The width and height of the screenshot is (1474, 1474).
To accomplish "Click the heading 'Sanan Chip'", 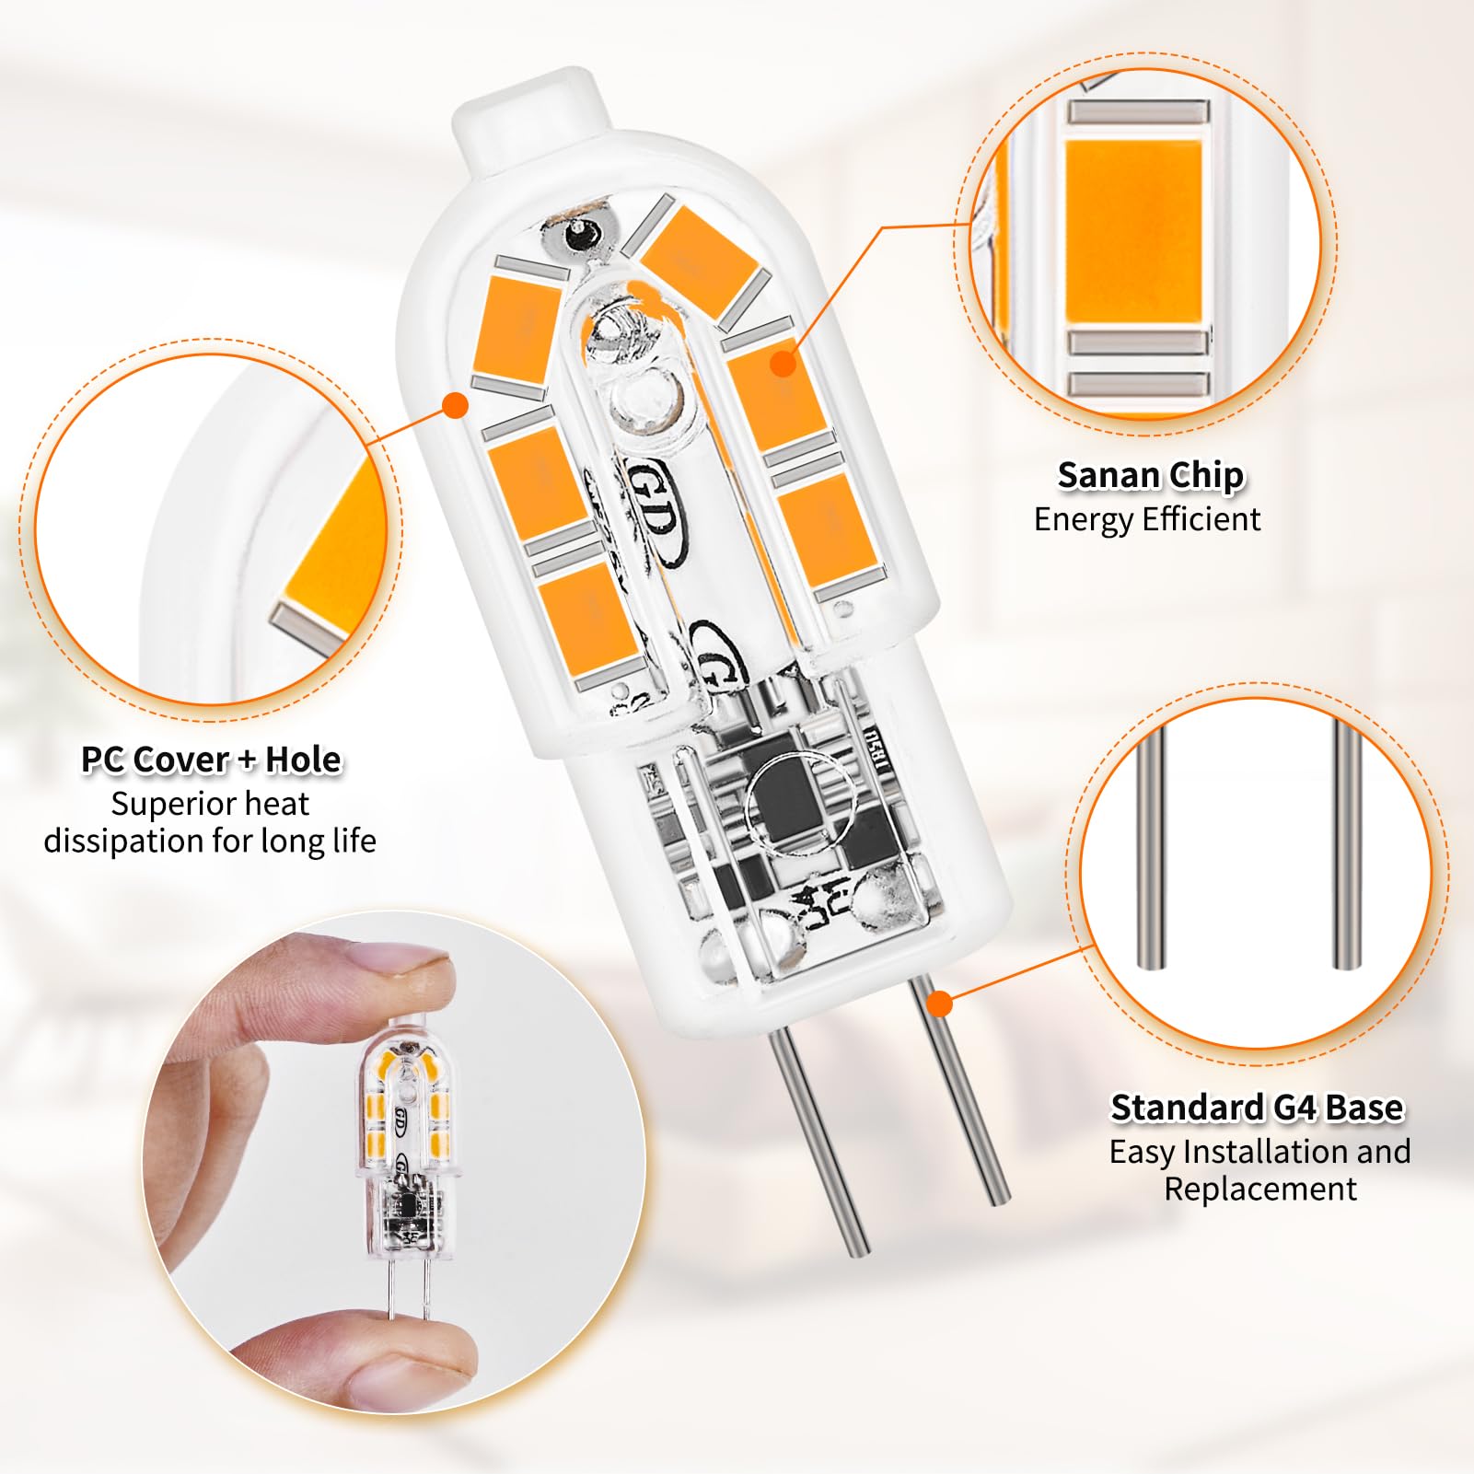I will click(1150, 476).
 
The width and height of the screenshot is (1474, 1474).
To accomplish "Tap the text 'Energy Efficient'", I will click(1146, 520).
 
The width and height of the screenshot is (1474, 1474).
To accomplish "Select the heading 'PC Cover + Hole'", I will click(211, 760).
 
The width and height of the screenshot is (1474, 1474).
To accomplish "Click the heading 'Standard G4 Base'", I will click(1257, 1108).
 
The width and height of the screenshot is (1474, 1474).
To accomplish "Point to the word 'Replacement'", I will click(1259, 1189).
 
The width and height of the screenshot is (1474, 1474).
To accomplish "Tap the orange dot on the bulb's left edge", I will click(456, 405).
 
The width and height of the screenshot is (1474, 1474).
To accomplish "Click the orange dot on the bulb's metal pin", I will click(938, 1003).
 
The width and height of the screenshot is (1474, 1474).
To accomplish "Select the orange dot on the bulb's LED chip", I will click(783, 363).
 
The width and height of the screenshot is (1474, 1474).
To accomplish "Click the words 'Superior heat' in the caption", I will click(210, 805).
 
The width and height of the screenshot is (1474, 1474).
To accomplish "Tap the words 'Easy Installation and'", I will click(1259, 1152).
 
